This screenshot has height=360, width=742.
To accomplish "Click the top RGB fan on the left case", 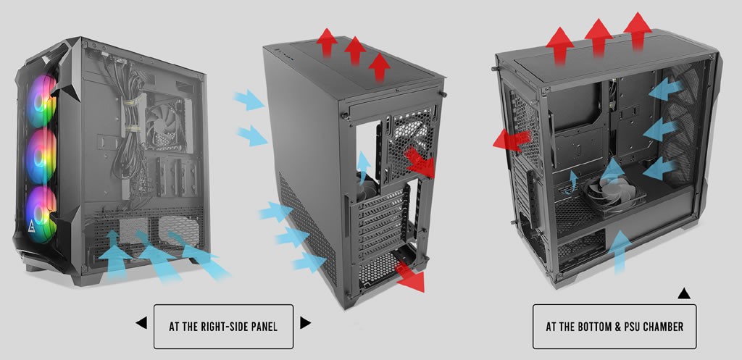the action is pos(41,101).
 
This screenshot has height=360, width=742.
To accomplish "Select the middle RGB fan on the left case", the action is pos(41,156).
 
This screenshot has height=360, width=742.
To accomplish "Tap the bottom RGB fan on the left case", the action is pos(41,214).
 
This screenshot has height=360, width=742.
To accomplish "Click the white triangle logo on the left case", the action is pos(30,228).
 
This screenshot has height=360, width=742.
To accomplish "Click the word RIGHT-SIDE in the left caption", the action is pos(226,327).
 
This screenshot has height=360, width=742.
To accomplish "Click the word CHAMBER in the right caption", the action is pos(664,327).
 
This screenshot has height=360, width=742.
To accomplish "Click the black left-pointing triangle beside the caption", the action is pos(141,323).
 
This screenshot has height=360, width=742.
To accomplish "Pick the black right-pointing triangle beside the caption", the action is pos(305,323).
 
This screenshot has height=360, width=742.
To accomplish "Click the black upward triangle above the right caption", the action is pos(684,294).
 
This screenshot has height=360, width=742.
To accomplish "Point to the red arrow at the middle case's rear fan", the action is pos(420,162).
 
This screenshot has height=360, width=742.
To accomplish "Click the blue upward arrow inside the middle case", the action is pos(364,167).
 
